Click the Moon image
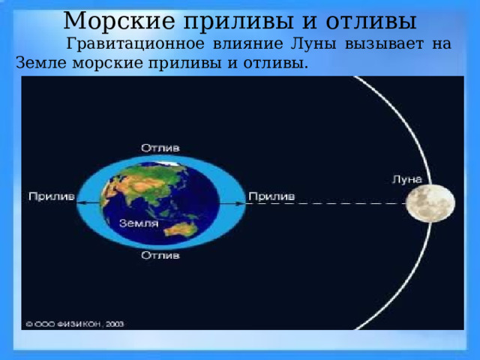pos(430,202)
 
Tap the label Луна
pos(407,179)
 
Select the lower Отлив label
pos(160,256)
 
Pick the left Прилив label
pos(51,196)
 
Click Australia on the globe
pos(185,225)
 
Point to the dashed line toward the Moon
pos(330,203)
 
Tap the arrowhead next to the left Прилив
pos(79,203)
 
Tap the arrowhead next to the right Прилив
pos(243,203)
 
